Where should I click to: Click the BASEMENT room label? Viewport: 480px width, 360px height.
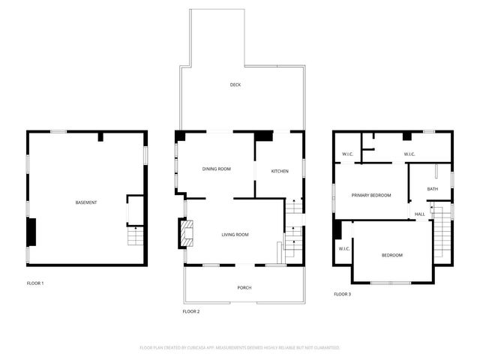pyautogui.click(x=86, y=202)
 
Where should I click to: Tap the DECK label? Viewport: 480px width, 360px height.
pyautogui.click(x=235, y=85)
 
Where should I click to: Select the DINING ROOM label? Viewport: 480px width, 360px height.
pyautogui.click(x=217, y=169)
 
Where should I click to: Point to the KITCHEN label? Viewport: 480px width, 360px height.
pyautogui.click(x=280, y=172)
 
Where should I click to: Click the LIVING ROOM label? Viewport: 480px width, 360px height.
pyautogui.click(x=235, y=235)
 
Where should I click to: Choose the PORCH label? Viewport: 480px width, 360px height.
pyautogui.click(x=244, y=288)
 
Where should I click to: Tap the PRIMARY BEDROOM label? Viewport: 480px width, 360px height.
pyautogui.click(x=371, y=195)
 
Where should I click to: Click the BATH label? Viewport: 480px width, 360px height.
pyautogui.click(x=433, y=189)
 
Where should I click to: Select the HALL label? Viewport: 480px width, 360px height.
pyautogui.click(x=420, y=214)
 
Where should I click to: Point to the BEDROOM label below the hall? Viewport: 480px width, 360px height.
pyautogui.click(x=391, y=255)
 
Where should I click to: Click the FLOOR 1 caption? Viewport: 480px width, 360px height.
pyautogui.click(x=35, y=283)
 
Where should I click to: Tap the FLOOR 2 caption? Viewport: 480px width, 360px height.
pyautogui.click(x=191, y=311)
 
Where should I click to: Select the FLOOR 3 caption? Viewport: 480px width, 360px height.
pyautogui.click(x=342, y=294)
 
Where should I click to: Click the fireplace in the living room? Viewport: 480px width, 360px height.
pyautogui.click(x=184, y=233)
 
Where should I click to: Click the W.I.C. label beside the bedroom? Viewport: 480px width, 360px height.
pyautogui.click(x=344, y=248)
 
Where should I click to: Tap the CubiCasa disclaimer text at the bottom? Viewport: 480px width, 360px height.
pyautogui.click(x=240, y=348)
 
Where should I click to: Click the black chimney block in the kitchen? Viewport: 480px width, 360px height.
pyautogui.click(x=264, y=137)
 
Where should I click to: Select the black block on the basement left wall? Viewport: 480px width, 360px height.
pyautogui.click(x=31, y=232)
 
